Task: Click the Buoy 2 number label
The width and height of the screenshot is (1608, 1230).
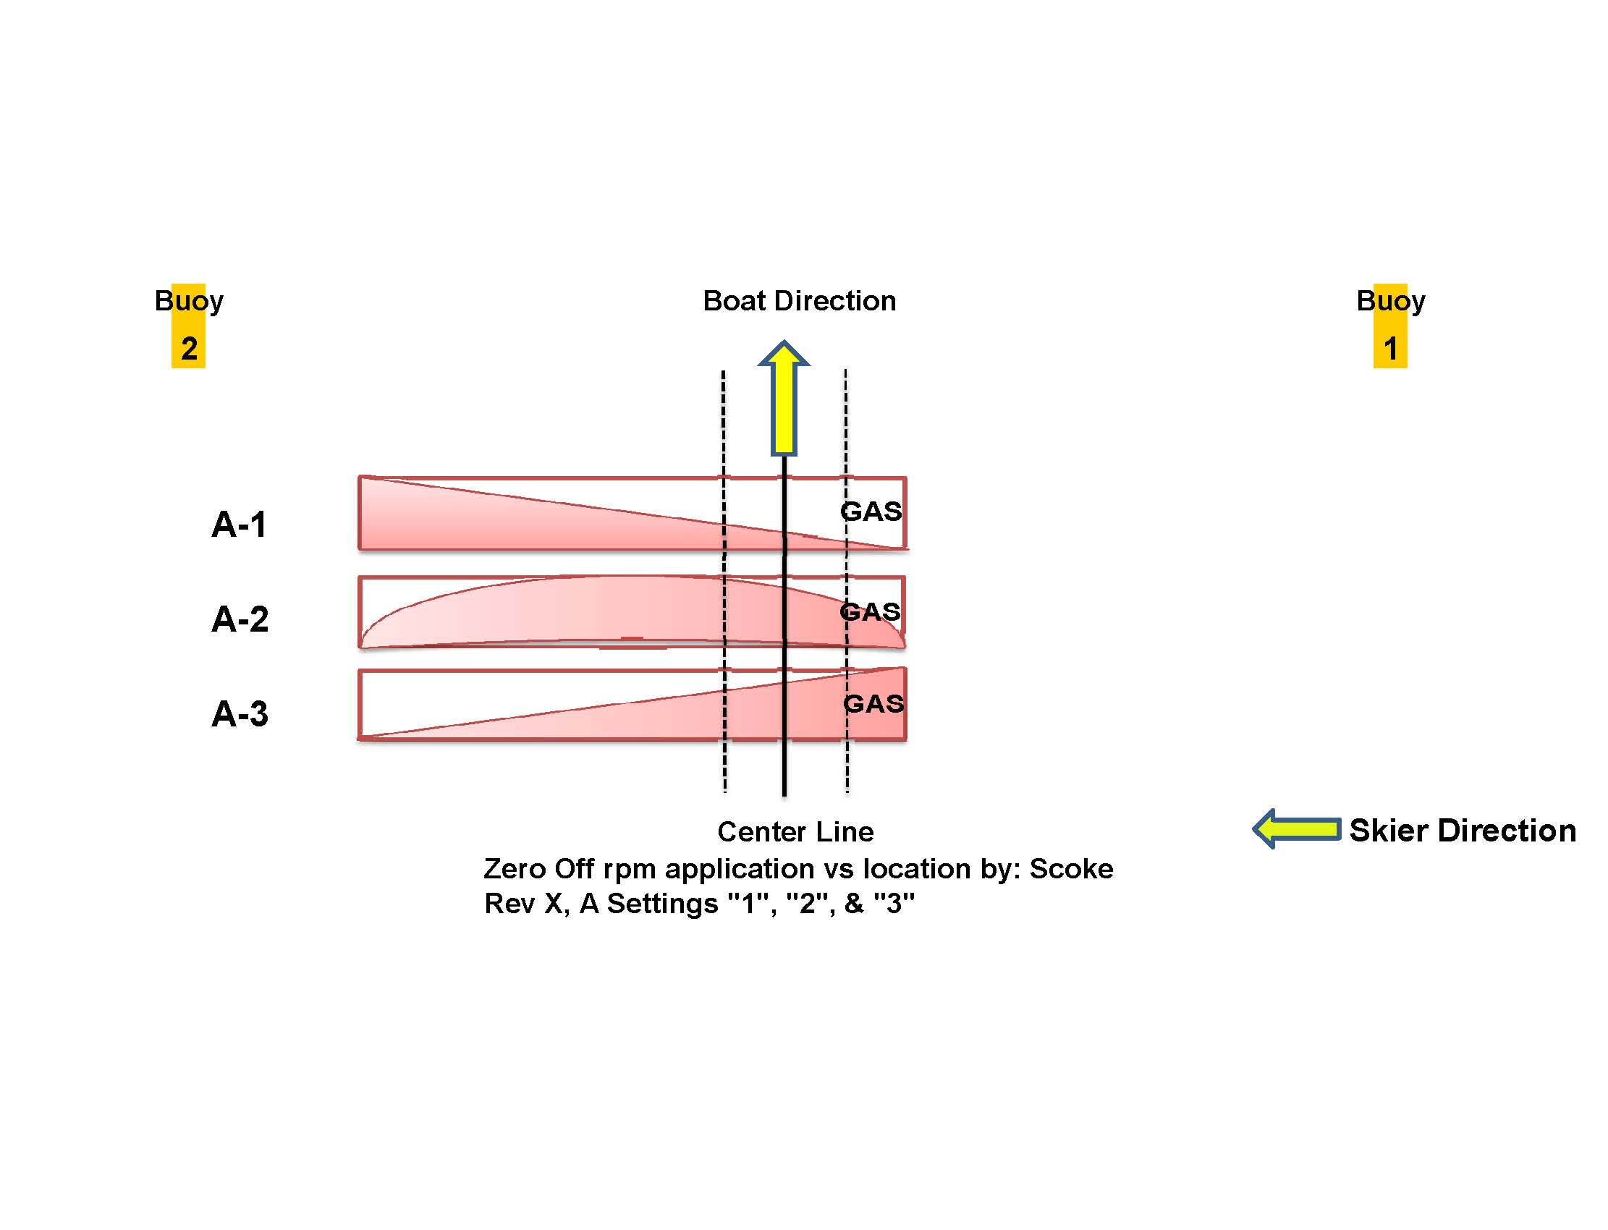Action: tap(189, 349)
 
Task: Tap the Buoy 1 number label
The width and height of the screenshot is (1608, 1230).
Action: tap(1390, 349)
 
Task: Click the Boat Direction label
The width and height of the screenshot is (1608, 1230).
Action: tap(799, 301)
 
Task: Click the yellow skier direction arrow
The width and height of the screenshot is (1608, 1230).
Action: tap(1297, 828)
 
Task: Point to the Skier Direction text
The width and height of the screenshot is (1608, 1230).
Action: tap(1463, 831)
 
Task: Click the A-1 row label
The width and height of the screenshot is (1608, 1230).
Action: tap(239, 525)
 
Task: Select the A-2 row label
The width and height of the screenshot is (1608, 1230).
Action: tap(240, 619)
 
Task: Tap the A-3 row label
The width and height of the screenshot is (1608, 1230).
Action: tap(240, 713)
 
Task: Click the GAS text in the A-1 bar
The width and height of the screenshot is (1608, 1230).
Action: tap(871, 511)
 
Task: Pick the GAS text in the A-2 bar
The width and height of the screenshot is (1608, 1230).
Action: tap(870, 611)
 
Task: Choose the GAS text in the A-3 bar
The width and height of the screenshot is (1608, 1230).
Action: tap(873, 703)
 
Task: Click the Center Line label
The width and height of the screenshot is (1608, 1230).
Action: tap(795, 832)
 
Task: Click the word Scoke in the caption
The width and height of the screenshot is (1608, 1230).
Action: tap(1071, 869)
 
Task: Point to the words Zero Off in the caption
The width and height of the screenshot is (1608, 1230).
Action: tap(540, 869)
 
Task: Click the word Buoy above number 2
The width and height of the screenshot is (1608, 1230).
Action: tap(189, 301)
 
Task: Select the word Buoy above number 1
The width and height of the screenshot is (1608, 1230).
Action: tap(1390, 301)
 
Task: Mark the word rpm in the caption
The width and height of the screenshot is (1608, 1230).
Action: tap(630, 870)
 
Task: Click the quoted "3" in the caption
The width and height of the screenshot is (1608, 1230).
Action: tap(894, 904)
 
